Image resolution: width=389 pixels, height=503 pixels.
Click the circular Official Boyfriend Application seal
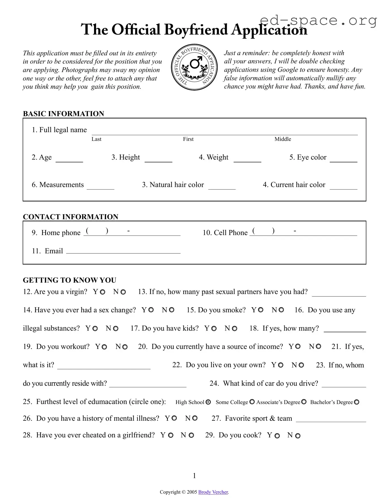pyautogui.click(x=194, y=69)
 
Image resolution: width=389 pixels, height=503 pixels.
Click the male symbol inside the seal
pyautogui.click(x=195, y=63)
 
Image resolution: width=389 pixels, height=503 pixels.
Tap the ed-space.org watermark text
pyautogui.click(x=318, y=20)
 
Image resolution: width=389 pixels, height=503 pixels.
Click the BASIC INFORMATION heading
pyautogui.click(x=63, y=114)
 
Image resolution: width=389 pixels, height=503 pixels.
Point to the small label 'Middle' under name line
pyautogui.click(x=283, y=139)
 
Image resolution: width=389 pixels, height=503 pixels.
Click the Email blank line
pyautogui.click(x=123, y=251)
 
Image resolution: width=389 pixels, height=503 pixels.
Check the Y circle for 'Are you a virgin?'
pyautogui.click(x=102, y=292)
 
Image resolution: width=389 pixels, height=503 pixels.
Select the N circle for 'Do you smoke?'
pyautogui.click(x=281, y=310)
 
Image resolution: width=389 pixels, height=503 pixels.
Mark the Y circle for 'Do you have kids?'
pyautogui.click(x=214, y=328)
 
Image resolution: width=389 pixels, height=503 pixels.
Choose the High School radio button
pyautogui.click(x=208, y=402)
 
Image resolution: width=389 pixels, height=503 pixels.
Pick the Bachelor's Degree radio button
pyautogui.click(x=357, y=402)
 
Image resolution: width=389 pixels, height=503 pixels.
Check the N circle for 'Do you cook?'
pyautogui.click(x=298, y=436)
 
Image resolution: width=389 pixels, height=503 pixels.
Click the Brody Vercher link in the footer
pyautogui.click(x=213, y=492)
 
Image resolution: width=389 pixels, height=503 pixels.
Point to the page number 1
pyautogui.click(x=194, y=476)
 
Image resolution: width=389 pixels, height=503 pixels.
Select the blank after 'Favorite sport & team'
pyautogui.click(x=331, y=420)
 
